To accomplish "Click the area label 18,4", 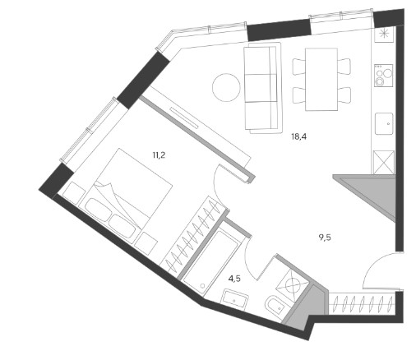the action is (x=298, y=136).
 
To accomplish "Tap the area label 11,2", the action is (x=159, y=155).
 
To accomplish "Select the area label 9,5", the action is (x=325, y=238).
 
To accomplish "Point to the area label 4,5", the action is (x=234, y=279).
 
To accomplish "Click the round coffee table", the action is (x=226, y=87).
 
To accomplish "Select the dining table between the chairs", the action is (x=321, y=79).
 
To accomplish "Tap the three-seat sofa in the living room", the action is (x=261, y=88).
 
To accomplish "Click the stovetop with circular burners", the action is (x=384, y=76).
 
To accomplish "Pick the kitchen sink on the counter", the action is (x=384, y=123).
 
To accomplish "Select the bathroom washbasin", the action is (x=236, y=299).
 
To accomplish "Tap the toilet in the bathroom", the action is (x=276, y=305).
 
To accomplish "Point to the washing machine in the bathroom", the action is (x=292, y=284).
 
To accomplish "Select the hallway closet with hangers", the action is (x=362, y=303).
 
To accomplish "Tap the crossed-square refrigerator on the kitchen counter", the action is (x=384, y=162).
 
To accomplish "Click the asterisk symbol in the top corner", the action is (x=384, y=34).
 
